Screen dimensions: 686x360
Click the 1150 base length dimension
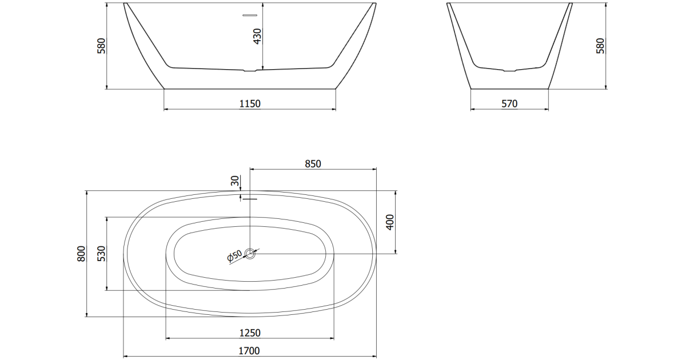[250, 104]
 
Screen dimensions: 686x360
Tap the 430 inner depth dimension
[258, 36]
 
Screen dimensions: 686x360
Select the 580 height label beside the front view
[101, 46]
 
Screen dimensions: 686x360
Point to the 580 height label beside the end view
[601, 46]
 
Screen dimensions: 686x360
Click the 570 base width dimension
[509, 104]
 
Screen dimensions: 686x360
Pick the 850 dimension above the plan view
[313, 164]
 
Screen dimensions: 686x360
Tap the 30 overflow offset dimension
[235, 181]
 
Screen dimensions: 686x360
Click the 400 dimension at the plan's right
[390, 222]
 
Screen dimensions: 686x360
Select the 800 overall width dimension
[81, 254]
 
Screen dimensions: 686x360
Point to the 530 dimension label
[101, 254]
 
